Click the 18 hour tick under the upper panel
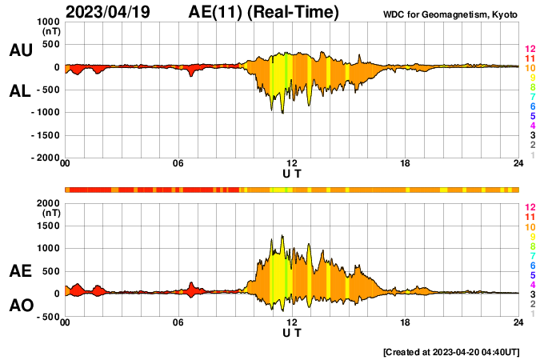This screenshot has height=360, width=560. (x=405, y=164)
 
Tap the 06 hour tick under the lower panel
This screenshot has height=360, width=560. (x=178, y=323)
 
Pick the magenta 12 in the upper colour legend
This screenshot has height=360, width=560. (x=530, y=50)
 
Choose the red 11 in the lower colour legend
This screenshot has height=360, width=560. (x=530, y=217)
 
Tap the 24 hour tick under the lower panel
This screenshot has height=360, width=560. (x=518, y=323)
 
